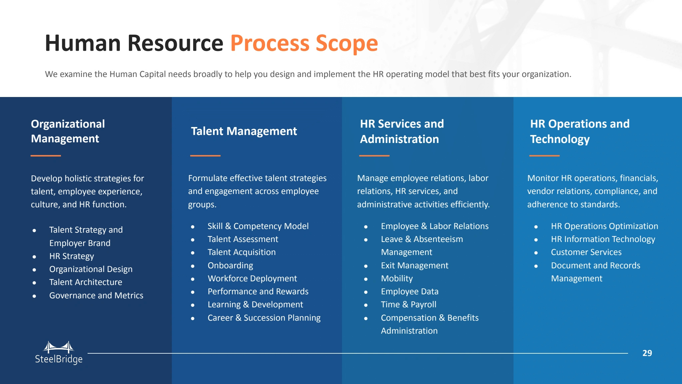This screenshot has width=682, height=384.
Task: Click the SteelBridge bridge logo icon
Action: [59, 347]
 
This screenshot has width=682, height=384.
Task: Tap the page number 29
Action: [647, 353]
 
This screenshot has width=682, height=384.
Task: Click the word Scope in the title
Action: [347, 43]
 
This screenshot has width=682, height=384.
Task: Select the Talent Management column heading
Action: [244, 131]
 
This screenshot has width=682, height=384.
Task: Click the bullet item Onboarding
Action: [230, 265]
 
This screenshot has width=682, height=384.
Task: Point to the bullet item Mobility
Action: [397, 278]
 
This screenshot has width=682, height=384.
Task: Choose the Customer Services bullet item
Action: [586, 252]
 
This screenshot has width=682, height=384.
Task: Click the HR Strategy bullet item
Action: [72, 256]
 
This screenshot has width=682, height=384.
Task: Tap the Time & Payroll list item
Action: [408, 304]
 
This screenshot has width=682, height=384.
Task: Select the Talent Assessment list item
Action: [243, 239]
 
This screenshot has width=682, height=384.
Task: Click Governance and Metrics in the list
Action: [96, 295]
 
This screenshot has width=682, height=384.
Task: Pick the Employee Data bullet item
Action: [410, 291]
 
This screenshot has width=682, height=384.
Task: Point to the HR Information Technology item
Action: [603, 239]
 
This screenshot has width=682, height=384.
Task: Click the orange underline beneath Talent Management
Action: [205, 156]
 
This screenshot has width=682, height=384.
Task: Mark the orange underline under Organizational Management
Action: [46, 156]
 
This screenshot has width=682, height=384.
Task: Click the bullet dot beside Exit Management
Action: [366, 266]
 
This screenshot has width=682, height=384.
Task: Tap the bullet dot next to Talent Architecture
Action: [34, 283]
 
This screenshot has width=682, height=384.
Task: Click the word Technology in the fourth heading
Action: [560, 139]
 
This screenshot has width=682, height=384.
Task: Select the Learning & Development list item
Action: [255, 304]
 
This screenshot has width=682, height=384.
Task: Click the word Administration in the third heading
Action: [399, 139]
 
